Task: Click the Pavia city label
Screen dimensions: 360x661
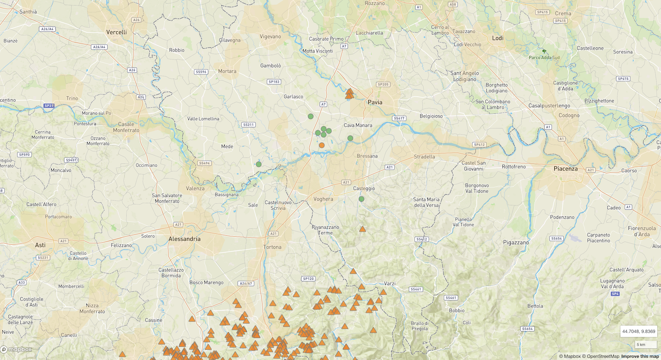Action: (x=375, y=102)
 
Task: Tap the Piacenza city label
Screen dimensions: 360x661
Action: (x=566, y=168)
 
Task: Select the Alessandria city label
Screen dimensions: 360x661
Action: (x=184, y=239)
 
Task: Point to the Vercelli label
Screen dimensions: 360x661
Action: (x=117, y=32)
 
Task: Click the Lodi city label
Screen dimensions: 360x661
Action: (x=498, y=38)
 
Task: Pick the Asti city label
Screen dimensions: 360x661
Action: (x=41, y=245)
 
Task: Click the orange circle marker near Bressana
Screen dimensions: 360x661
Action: (x=322, y=145)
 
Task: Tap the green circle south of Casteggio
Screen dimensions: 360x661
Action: (x=361, y=199)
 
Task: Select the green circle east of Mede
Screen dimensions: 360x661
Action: (x=259, y=164)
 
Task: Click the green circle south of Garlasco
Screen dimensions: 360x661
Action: (x=311, y=116)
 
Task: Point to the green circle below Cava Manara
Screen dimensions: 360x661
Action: (x=350, y=138)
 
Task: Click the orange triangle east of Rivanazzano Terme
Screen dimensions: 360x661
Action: (x=362, y=229)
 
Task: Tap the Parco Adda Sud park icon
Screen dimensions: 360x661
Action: (x=544, y=51)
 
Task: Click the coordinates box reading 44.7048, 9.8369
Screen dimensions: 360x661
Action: (x=638, y=331)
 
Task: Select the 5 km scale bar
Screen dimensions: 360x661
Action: (x=645, y=344)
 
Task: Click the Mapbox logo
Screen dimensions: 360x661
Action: (x=17, y=349)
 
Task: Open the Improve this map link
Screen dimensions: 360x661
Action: (x=640, y=356)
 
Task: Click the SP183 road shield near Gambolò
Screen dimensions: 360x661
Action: (x=274, y=82)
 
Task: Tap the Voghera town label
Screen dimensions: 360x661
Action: (x=323, y=199)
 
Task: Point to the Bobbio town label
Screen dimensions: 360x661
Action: (x=457, y=310)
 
